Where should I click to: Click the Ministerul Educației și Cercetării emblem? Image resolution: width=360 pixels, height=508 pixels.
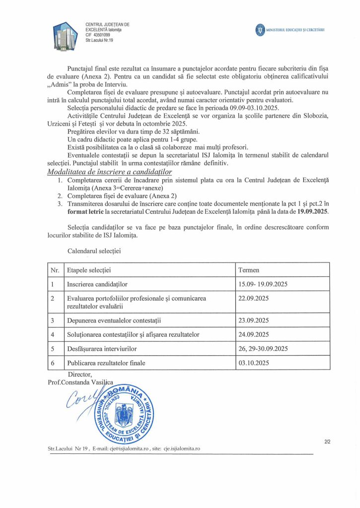(260, 30)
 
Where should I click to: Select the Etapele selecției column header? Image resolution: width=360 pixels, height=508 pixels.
(89, 270)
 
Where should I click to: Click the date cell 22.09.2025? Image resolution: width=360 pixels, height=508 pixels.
(254, 298)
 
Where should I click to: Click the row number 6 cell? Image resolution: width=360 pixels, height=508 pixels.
(53, 363)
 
